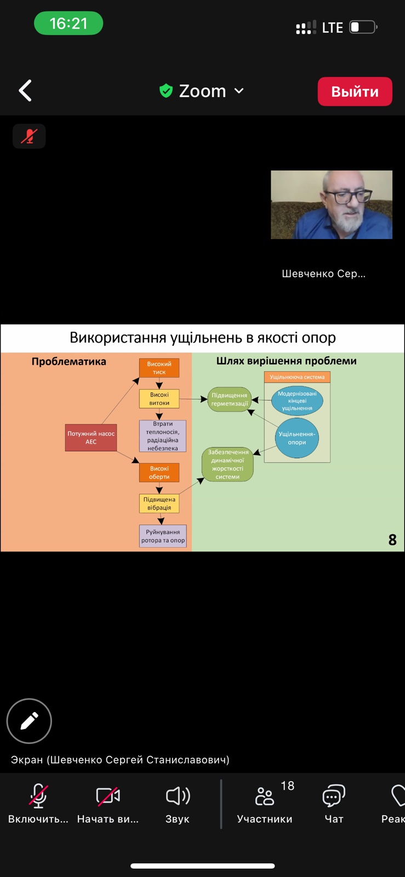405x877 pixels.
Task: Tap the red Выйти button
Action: coord(355,91)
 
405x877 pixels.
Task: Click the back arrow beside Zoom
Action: coord(25,90)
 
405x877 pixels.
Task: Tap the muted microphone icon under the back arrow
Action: coord(29,136)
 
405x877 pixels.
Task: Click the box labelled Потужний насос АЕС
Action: coord(91,437)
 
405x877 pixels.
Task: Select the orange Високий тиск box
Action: coord(159,368)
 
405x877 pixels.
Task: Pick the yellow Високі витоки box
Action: coord(159,398)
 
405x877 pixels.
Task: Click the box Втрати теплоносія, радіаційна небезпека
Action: coord(163,436)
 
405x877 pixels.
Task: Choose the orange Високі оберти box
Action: coord(159,472)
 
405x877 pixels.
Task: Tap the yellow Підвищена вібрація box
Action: coord(159,503)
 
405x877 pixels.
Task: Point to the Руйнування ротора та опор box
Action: coord(163,536)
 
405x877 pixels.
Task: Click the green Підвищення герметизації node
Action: coord(230,399)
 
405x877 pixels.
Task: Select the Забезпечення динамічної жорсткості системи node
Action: coord(228,464)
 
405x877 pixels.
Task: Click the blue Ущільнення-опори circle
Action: coord(296,438)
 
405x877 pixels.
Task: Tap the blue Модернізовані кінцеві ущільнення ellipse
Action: coord(297,401)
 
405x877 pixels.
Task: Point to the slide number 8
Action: coord(392,540)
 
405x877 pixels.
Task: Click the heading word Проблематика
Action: coord(69,362)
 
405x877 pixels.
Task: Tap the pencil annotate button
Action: coord(29,721)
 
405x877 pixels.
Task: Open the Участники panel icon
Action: coord(265,796)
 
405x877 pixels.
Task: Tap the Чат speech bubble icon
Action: coord(333,796)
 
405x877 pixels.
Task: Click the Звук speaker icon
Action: coord(178,796)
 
